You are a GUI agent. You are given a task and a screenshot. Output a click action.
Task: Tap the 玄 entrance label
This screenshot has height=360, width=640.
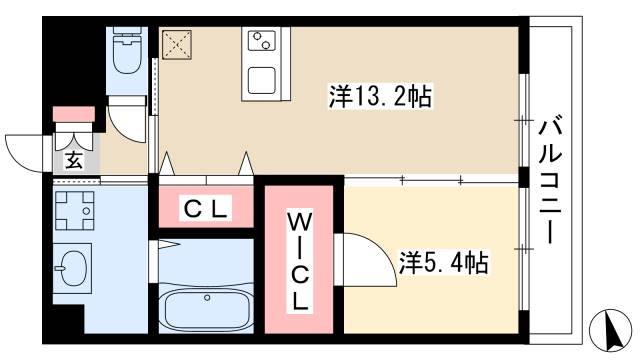click(x=74, y=159)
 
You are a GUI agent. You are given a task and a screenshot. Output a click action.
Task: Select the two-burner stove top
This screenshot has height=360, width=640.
click(x=262, y=42)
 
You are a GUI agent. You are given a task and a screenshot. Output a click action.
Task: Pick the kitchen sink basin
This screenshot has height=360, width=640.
click(x=262, y=78)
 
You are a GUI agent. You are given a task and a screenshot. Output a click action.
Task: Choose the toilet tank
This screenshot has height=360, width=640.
click(x=127, y=33)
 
